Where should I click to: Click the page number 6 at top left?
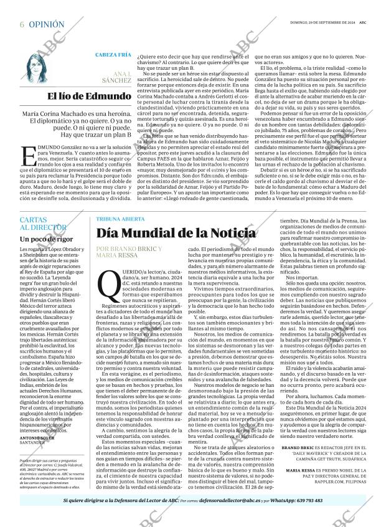point(22,24)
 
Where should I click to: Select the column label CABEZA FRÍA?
point(112,54)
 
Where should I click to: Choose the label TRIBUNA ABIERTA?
point(119,219)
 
